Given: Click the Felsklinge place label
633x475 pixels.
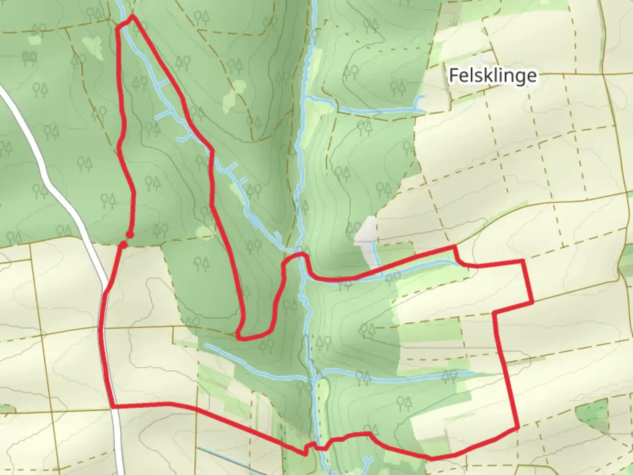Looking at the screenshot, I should tap(492, 76).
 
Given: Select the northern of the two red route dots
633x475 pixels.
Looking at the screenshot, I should tap(129, 234).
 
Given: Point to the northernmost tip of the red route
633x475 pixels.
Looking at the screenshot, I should tap(132, 17).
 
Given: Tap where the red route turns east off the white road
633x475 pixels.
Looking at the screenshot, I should tap(113, 406).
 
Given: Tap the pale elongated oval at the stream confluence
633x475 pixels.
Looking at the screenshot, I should tap(324, 389).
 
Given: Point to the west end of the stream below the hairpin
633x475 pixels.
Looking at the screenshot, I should tap(206, 345).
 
